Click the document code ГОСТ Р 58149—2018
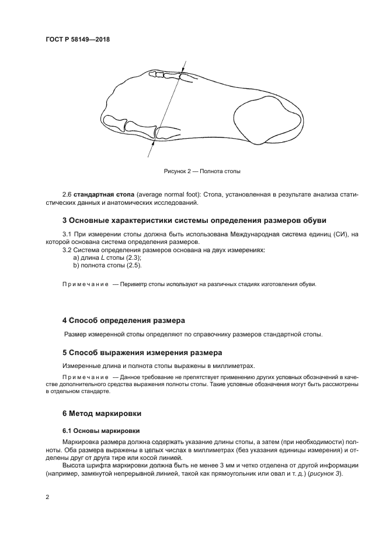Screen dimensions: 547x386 pyautogui.click(x=77, y=40)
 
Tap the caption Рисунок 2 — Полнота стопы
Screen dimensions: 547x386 pyautogui.click(x=202, y=171)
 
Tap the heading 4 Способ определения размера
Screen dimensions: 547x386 pyautogui.click(x=123, y=321)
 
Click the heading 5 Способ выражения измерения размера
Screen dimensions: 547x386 pyautogui.click(x=142, y=353)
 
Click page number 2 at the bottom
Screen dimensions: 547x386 pyautogui.click(x=47, y=497)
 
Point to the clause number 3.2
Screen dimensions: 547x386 pyautogui.click(x=67, y=250)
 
